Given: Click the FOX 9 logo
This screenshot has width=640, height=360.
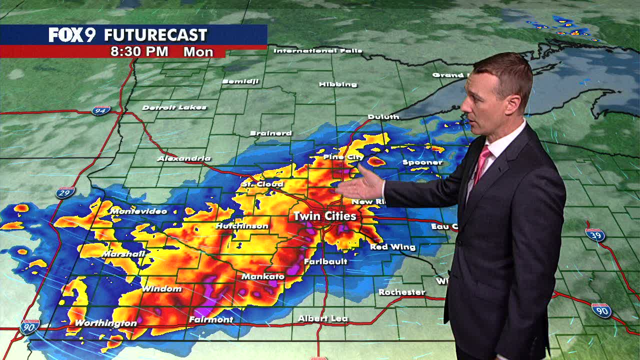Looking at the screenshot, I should (72, 35).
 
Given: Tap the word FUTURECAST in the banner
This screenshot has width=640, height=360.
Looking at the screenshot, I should (155, 35).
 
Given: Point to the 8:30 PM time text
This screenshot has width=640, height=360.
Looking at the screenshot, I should (139, 51).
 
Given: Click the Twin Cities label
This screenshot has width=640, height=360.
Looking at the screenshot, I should (324, 216).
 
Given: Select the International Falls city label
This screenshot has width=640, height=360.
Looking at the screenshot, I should (318, 50).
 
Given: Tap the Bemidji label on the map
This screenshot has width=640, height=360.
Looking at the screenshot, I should (240, 81).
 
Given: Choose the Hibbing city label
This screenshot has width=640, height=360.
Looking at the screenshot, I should (338, 84).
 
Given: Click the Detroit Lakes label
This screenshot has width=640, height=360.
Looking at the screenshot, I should (174, 107).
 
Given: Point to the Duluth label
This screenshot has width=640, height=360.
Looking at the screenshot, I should (383, 116).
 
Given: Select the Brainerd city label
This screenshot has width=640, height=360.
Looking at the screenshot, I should (270, 133).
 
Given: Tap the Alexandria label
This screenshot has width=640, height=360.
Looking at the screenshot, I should (184, 158).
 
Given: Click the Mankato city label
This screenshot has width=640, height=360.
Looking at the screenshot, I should (263, 276).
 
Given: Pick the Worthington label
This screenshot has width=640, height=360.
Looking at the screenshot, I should (105, 323).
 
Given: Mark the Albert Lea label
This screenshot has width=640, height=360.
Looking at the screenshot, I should (323, 318).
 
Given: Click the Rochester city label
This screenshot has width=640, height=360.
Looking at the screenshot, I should (401, 292).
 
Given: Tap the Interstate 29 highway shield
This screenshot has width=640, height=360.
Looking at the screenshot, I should (65, 192).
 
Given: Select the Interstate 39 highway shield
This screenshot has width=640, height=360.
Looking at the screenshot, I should (595, 234).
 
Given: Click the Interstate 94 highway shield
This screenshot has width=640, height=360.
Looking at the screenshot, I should (100, 110).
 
